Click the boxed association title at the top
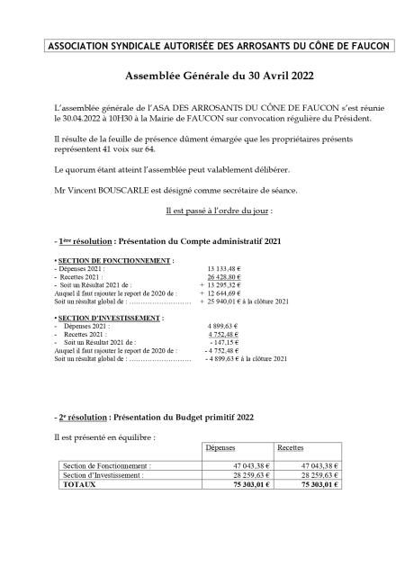(x=207, y=47)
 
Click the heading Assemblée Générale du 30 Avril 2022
(x=207, y=78)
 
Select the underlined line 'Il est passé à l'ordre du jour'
(x=207, y=209)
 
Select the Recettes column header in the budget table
(x=290, y=447)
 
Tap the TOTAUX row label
(x=79, y=483)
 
